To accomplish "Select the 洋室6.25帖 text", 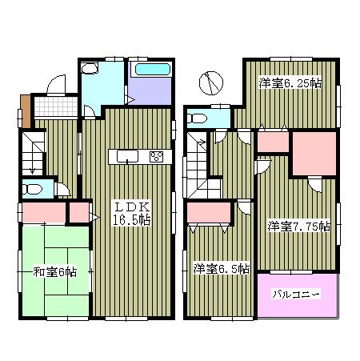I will click(x=289, y=82).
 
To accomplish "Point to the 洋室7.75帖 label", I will click(x=298, y=227).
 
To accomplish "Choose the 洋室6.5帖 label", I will click(x=221, y=268).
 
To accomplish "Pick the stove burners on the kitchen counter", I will click(x=156, y=155).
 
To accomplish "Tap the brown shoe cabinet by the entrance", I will click(x=26, y=110).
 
